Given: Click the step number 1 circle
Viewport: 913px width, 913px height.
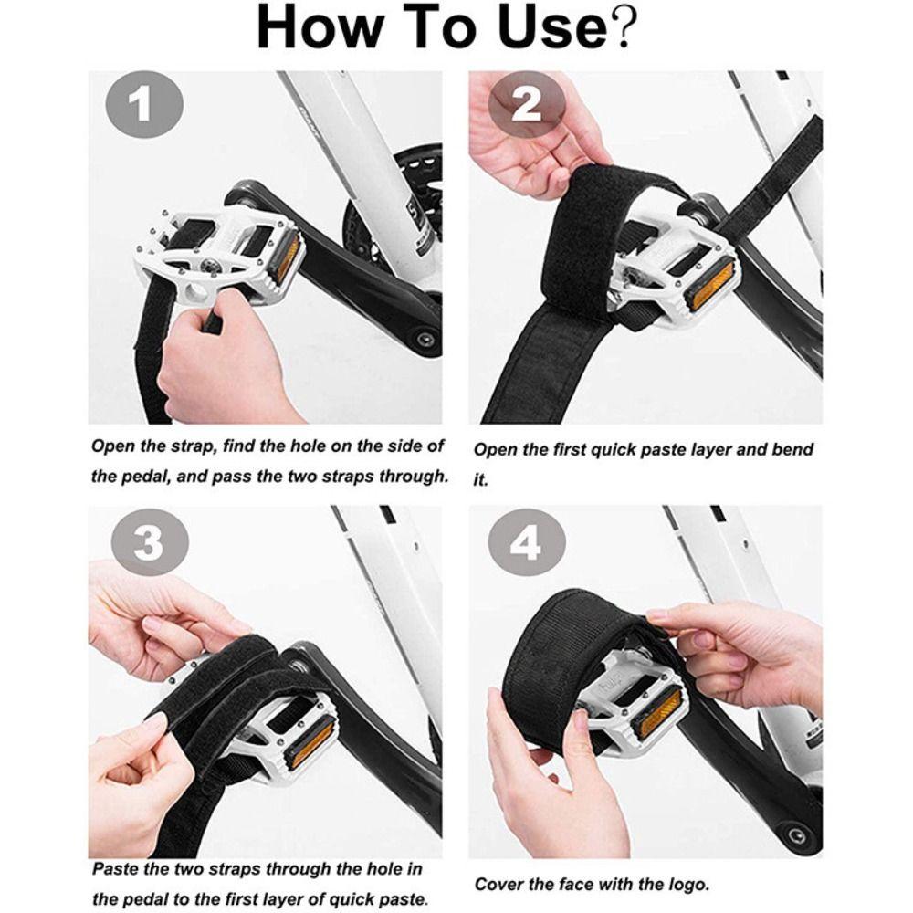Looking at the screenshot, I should pyautogui.click(x=141, y=108).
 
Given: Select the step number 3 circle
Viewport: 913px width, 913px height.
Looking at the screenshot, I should pyautogui.click(x=148, y=545).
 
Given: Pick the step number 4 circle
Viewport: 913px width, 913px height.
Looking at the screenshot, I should pyautogui.click(x=525, y=545).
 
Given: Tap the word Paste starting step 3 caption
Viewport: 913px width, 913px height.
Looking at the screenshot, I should pyautogui.click(x=121, y=869).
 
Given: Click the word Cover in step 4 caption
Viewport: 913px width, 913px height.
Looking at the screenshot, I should pyautogui.click(x=498, y=884).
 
